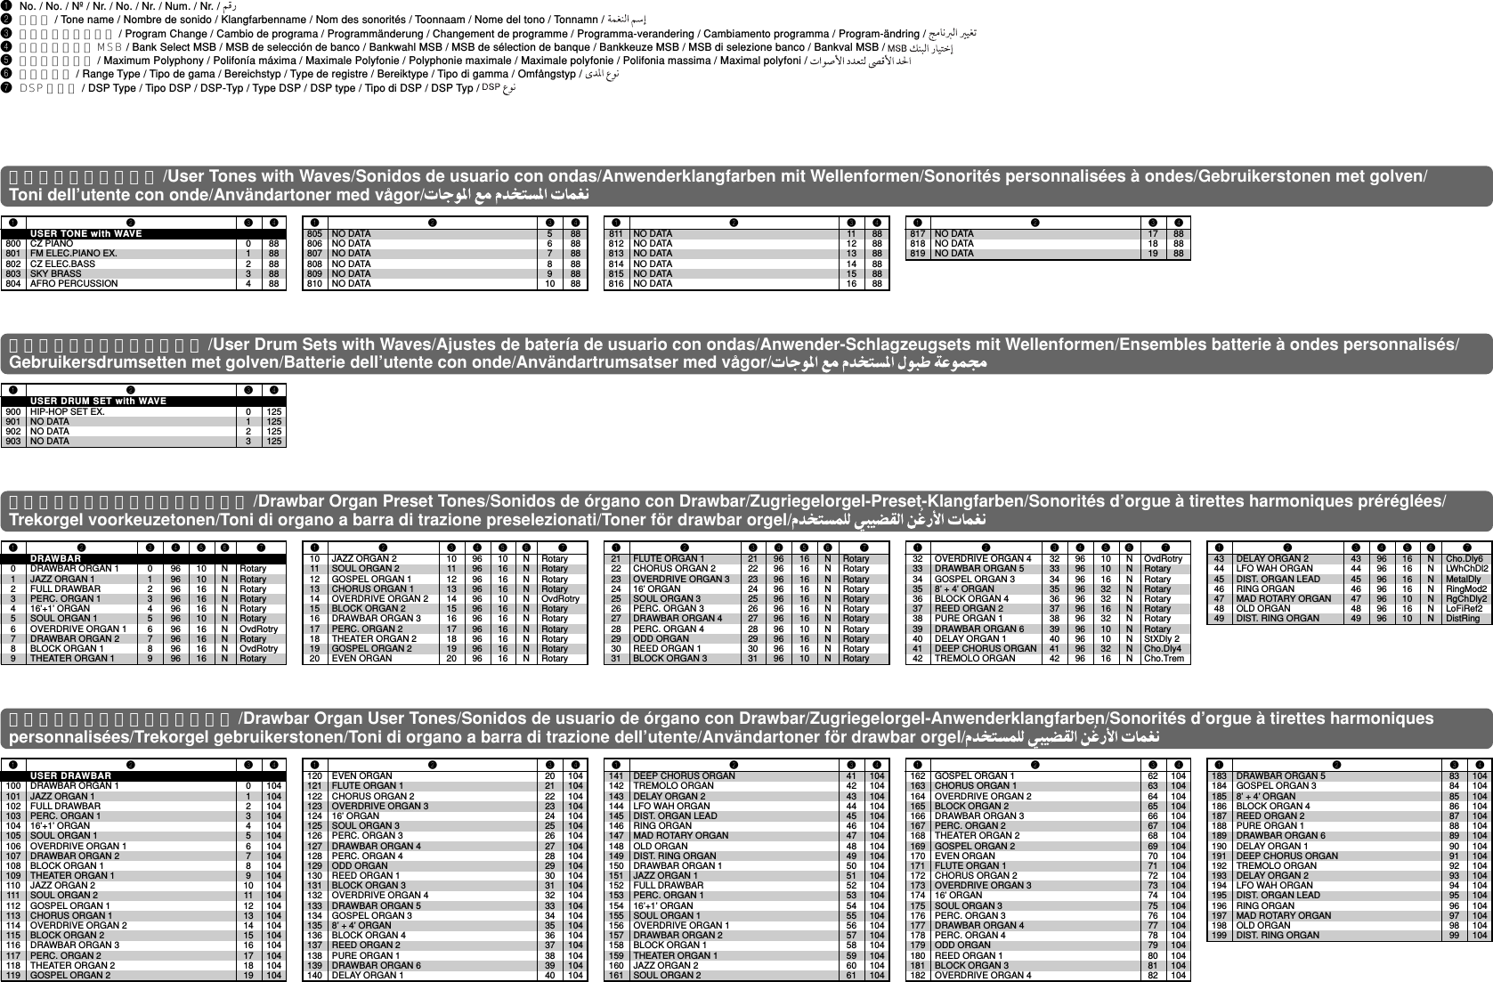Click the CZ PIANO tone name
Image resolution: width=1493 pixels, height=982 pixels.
(x=52, y=243)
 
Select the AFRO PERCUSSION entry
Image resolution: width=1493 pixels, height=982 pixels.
(x=73, y=284)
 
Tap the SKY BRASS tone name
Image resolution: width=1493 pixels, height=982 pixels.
(x=54, y=274)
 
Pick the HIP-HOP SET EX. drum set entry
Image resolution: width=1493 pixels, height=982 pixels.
(x=67, y=411)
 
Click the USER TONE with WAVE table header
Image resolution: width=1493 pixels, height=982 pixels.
(x=85, y=233)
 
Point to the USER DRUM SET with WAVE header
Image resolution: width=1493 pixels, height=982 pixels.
(x=98, y=401)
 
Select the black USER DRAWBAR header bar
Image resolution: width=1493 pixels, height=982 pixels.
(x=71, y=775)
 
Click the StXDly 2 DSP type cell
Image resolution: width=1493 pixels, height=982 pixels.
(x=1161, y=638)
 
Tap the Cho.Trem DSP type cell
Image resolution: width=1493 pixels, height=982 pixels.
(x=1163, y=659)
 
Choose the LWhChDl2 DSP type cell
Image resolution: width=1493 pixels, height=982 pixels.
(x=1465, y=568)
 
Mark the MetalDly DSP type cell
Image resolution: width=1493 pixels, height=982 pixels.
(x=1462, y=579)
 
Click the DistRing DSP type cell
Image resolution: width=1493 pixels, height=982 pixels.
(x=1462, y=618)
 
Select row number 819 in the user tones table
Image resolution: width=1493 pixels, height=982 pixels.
(x=916, y=254)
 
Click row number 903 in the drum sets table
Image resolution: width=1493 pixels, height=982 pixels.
(x=12, y=442)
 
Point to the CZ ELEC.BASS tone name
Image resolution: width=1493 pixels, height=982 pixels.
(x=62, y=264)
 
